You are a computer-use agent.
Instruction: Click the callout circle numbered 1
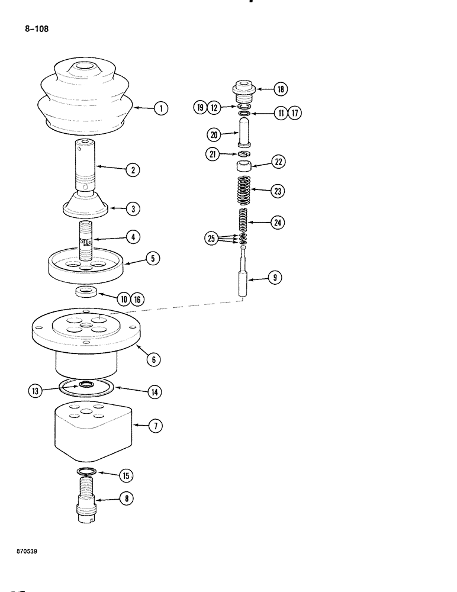pos(159,108)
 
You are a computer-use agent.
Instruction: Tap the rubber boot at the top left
pos(83,98)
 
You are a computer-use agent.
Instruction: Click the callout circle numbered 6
pos(153,359)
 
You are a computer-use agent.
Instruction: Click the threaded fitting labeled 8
pos(86,498)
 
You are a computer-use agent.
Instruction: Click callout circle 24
pos(276,223)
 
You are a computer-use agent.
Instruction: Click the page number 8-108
pos(37,27)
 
